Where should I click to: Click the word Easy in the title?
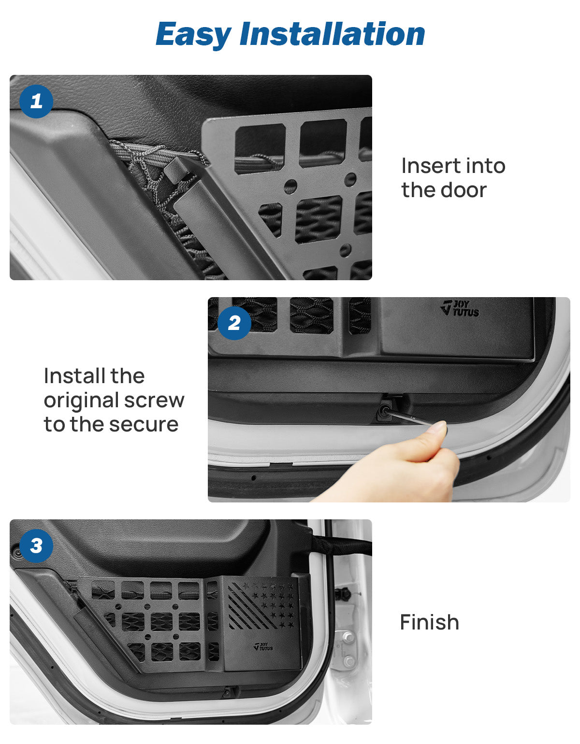(x=193, y=34)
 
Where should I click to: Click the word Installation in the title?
(x=332, y=34)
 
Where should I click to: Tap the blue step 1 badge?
(x=36, y=101)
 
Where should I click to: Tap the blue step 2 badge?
(x=234, y=323)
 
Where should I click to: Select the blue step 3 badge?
(x=36, y=546)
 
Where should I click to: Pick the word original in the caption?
(x=81, y=400)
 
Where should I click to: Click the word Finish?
(x=429, y=622)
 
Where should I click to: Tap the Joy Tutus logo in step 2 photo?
(x=460, y=308)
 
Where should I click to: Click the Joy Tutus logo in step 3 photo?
(x=263, y=646)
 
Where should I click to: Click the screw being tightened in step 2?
(x=385, y=411)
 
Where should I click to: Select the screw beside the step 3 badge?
(x=16, y=552)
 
